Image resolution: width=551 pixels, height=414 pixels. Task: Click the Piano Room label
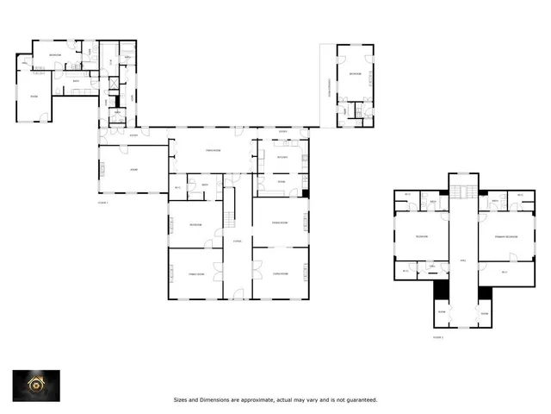210,152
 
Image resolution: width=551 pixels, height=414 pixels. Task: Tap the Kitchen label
282,157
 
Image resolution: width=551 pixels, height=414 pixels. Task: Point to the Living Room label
280,274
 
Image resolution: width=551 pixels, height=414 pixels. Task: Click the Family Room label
195,274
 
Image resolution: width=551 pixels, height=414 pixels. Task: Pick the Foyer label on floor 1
237,241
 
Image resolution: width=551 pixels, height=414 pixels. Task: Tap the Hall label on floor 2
462,260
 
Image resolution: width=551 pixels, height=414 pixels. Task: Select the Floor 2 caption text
438,338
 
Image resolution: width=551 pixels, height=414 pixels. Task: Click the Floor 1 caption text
103,202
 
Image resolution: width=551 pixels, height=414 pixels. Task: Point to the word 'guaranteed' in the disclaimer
360,400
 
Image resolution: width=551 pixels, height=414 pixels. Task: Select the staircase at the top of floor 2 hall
462,191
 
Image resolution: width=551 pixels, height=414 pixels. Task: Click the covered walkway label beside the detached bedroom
328,86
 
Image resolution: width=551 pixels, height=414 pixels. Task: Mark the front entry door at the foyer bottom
237,299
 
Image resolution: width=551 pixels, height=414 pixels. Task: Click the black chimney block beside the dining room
305,191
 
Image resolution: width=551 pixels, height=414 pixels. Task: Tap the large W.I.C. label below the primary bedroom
505,271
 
